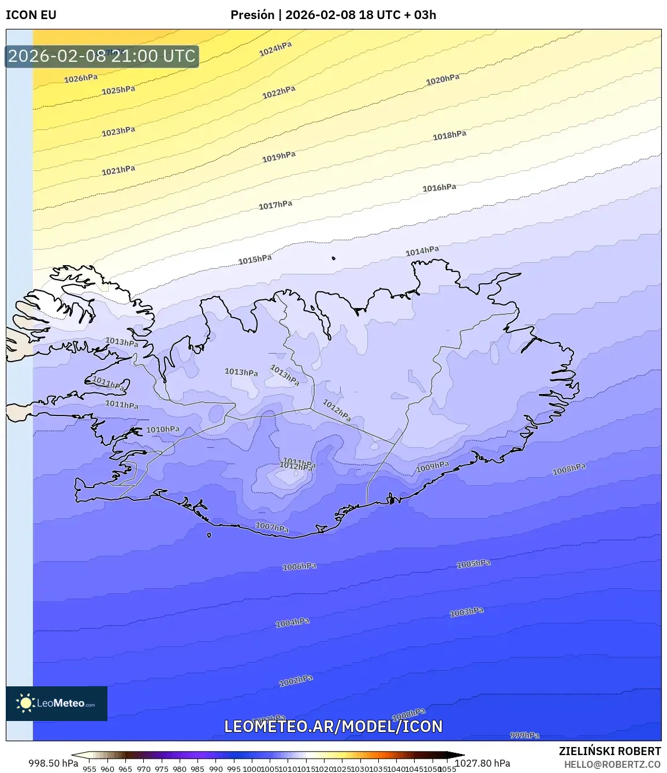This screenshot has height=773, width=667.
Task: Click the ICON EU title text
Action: [x=31, y=15]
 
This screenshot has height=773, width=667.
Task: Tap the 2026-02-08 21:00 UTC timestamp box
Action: [x=102, y=56]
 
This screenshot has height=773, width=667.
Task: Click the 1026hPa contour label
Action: [x=81, y=79]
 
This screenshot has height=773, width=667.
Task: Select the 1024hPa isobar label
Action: [x=275, y=49]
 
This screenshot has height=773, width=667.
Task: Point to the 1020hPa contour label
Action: [x=443, y=80]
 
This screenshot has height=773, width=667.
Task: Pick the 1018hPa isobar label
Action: [x=449, y=136]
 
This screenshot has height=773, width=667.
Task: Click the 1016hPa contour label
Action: [x=439, y=188]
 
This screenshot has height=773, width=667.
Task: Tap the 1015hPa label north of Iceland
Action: [x=255, y=259]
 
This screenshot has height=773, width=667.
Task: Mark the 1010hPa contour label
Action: [x=163, y=430]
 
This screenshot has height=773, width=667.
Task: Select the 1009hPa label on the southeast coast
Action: [x=433, y=466]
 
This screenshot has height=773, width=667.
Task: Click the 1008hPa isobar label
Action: [x=569, y=470]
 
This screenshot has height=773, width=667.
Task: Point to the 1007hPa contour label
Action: [x=272, y=527]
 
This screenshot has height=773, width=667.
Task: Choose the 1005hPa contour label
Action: [x=474, y=564]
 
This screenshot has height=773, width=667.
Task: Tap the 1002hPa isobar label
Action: [x=296, y=681]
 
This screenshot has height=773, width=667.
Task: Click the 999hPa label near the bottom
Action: [x=524, y=735]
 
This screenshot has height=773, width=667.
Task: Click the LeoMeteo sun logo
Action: [x=25, y=703]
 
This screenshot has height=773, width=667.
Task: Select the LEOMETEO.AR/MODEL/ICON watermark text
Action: [x=333, y=726]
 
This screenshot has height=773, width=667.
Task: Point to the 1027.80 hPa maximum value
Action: [x=483, y=763]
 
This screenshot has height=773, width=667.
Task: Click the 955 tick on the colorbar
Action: [x=90, y=769]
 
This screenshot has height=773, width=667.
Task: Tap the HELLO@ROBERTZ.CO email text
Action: [x=612, y=764]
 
